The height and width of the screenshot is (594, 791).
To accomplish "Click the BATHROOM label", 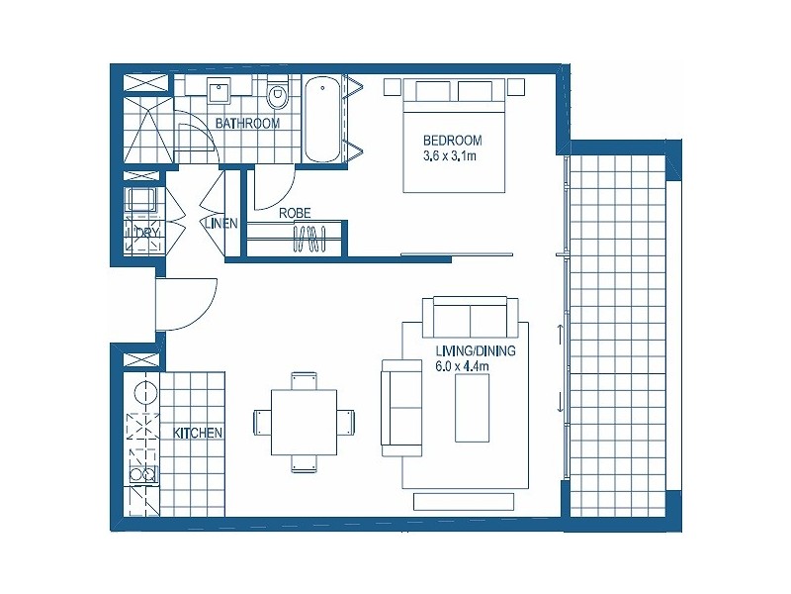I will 247,124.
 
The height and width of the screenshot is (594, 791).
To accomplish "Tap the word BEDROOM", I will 452,140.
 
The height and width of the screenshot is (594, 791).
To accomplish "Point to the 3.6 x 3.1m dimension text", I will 451,155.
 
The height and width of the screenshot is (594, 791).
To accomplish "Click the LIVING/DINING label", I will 475,350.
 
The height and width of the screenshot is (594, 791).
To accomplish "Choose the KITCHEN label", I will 198,434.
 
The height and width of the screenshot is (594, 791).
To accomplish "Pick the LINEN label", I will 220,224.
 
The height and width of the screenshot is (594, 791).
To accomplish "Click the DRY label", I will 147,233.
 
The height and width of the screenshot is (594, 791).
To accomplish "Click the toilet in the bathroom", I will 277,95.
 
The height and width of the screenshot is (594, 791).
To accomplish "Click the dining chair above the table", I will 304,380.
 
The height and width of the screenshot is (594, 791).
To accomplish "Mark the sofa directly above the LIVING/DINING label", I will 470,317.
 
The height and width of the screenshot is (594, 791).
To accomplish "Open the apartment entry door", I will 188,302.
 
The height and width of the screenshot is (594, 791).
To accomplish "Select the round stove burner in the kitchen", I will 145,391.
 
